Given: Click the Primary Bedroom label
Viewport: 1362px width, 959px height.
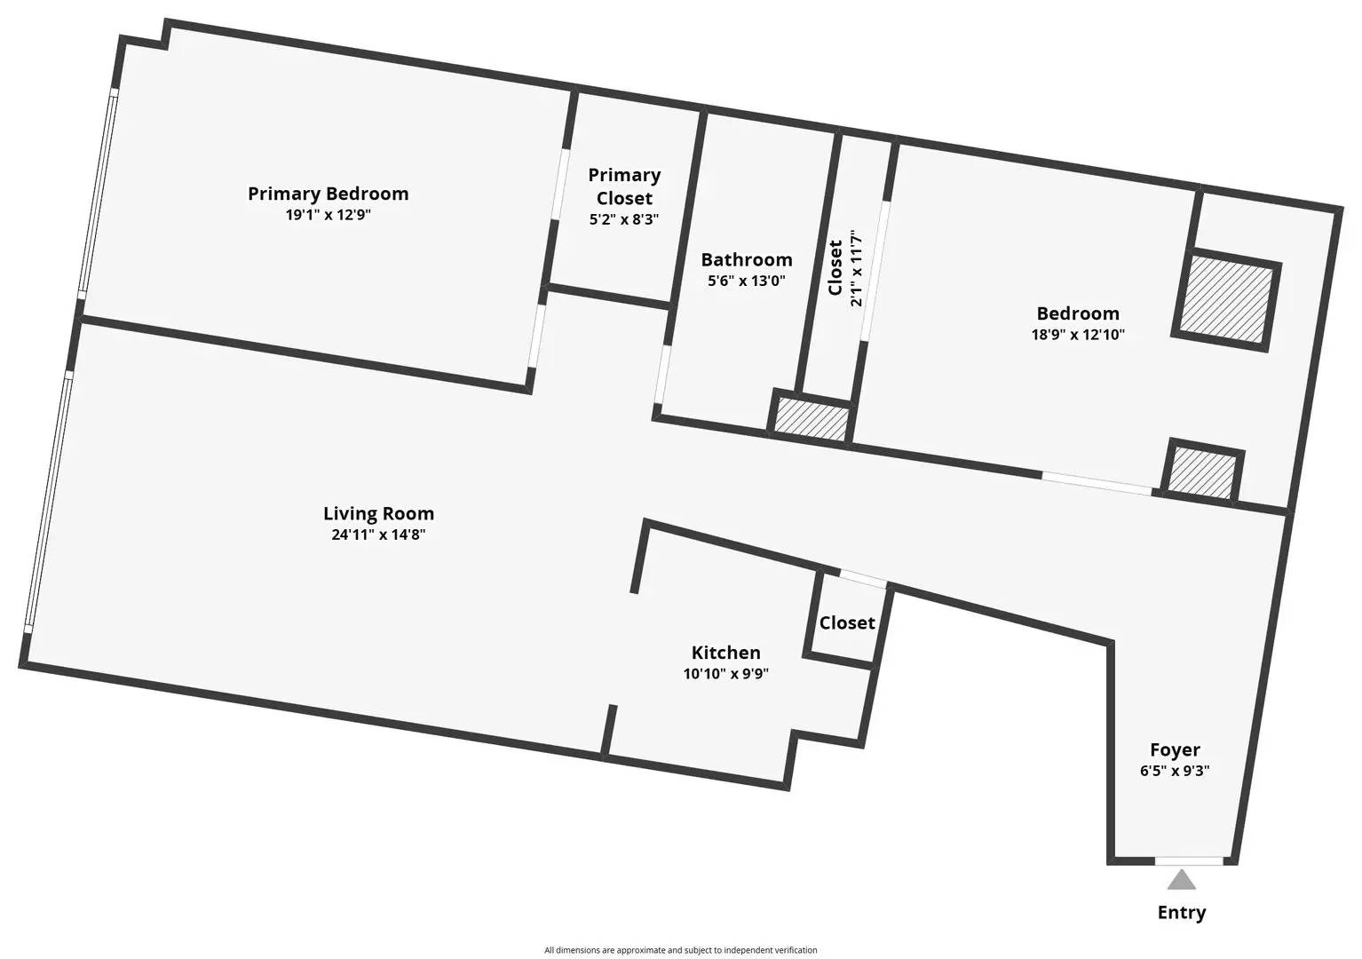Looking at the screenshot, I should click(328, 194).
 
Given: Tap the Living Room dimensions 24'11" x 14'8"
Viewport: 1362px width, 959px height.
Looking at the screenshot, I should click(378, 535).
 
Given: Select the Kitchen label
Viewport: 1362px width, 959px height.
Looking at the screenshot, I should click(725, 653).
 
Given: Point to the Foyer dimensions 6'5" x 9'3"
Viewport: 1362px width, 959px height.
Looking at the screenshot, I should click(1175, 771).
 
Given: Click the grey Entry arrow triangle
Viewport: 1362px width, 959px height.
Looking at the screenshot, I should click(1181, 880).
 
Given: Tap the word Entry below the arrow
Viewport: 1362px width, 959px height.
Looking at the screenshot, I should click(1181, 913).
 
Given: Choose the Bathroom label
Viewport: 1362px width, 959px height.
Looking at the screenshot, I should click(746, 259).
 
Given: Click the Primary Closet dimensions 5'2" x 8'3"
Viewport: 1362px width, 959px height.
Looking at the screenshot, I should click(624, 219).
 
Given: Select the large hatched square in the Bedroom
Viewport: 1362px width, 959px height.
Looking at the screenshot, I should click(1226, 300).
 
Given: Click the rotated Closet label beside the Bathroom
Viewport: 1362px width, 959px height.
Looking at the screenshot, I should click(835, 267).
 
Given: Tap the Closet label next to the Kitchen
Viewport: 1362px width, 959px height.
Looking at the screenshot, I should click(846, 622).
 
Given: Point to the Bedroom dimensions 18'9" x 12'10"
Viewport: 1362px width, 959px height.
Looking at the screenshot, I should click(1078, 335).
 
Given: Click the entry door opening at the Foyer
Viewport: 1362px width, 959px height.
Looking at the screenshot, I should click(1188, 860).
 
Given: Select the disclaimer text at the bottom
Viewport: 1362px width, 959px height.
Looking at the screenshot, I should click(680, 950).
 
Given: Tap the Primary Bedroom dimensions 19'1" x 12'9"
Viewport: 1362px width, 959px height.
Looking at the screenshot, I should click(328, 215).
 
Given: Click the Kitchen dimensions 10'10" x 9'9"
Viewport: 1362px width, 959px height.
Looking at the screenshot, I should click(725, 674).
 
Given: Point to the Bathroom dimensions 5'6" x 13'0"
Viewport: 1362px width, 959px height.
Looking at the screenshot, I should click(746, 281).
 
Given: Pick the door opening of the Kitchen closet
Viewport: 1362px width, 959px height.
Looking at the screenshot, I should click(863, 578).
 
